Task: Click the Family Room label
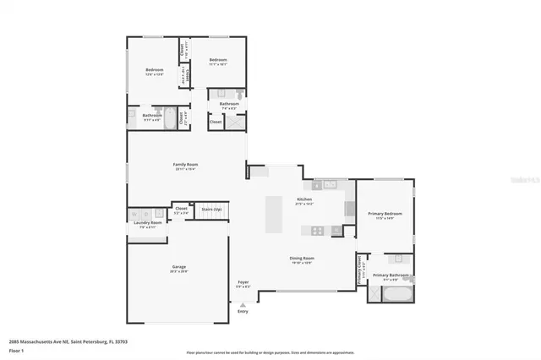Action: point(186,165)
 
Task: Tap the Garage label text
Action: point(178,267)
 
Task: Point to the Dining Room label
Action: point(303,259)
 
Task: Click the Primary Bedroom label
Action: point(385,215)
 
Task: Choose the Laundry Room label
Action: point(147,223)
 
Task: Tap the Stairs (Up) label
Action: point(211,209)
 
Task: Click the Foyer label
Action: point(243,283)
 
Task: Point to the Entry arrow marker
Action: point(243,303)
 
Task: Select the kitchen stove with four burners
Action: point(318,230)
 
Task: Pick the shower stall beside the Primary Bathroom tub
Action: point(374,294)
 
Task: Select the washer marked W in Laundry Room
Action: point(135,214)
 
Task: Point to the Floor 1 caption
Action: point(17,349)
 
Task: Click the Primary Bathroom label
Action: point(391,275)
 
